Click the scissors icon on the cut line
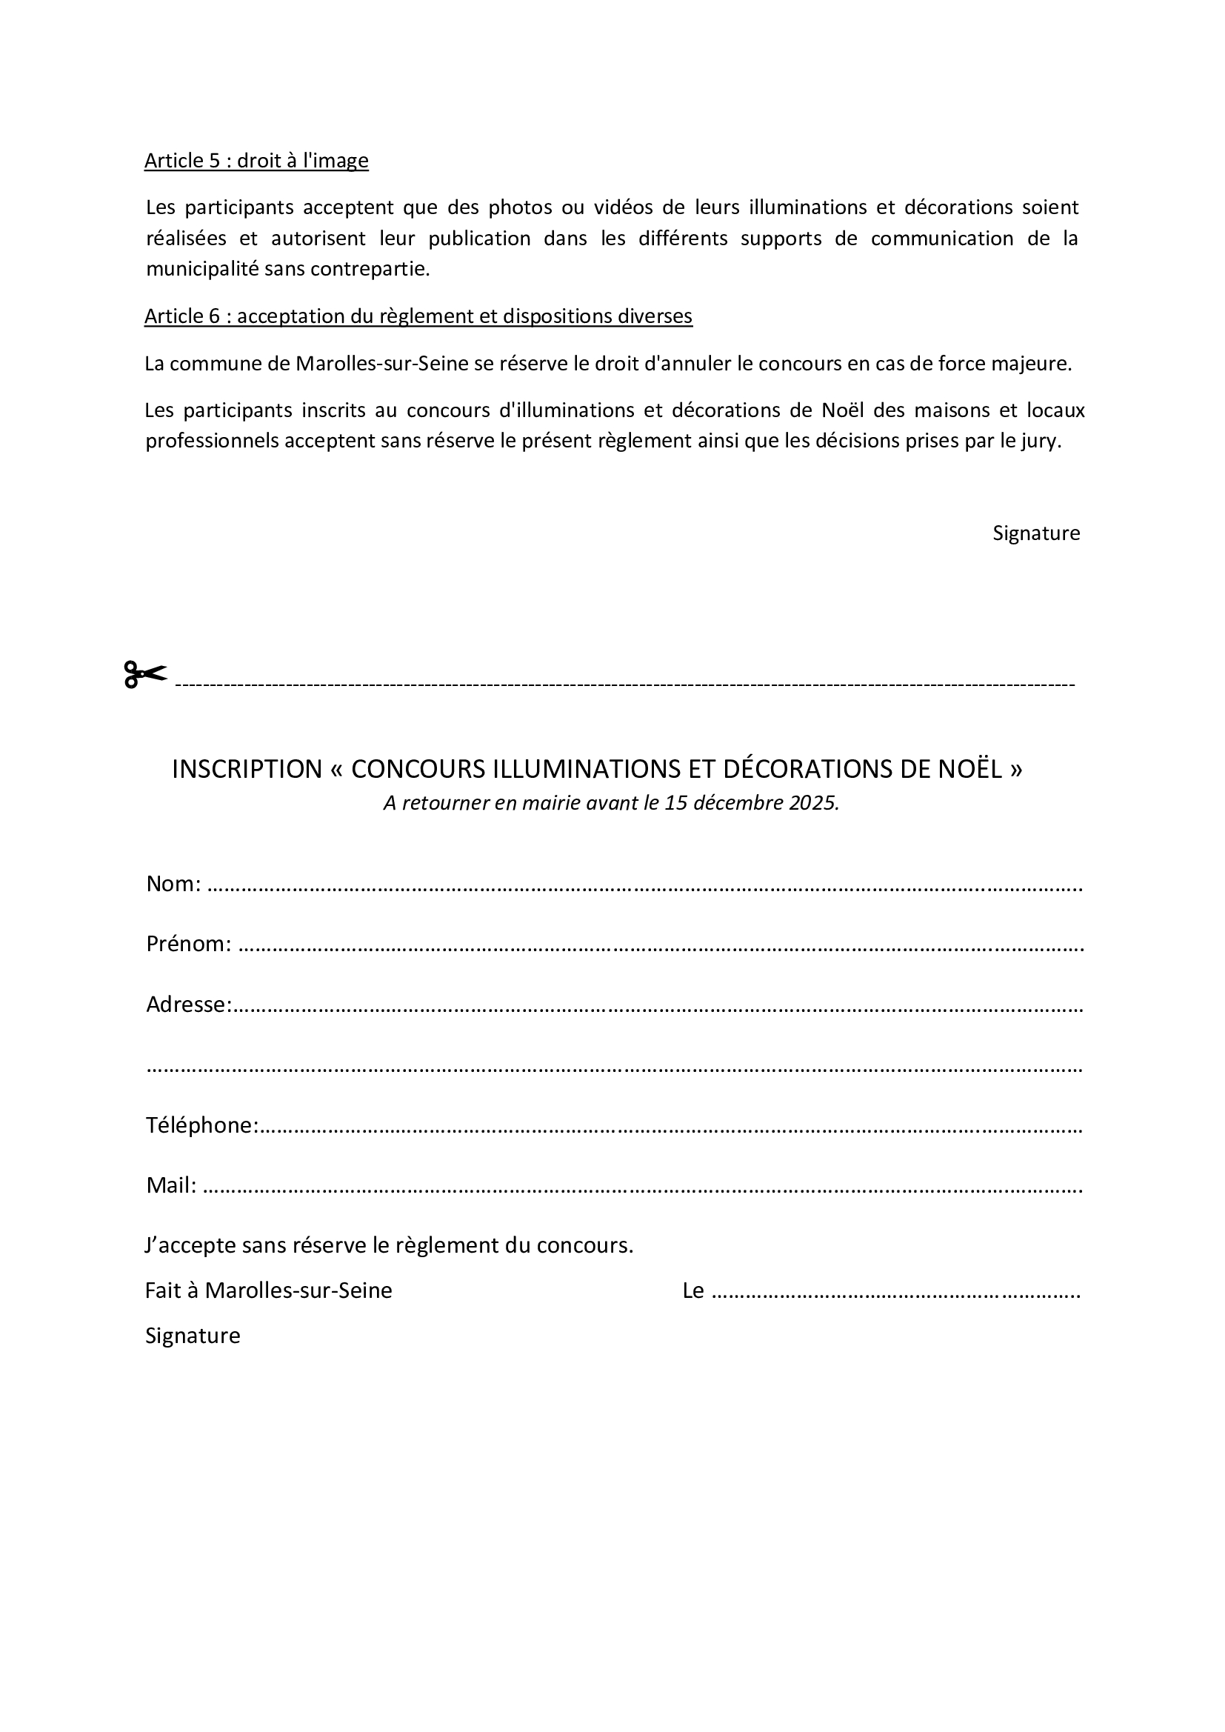[x=145, y=673]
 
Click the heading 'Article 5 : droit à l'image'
[x=256, y=161]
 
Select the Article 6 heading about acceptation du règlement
[x=418, y=316]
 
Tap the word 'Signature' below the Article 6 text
[x=1035, y=533]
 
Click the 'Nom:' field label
[x=173, y=884]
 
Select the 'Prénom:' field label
[x=189, y=945]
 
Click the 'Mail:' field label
[x=171, y=1186]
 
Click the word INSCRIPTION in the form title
[x=247, y=770]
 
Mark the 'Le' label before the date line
[x=692, y=1290]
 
